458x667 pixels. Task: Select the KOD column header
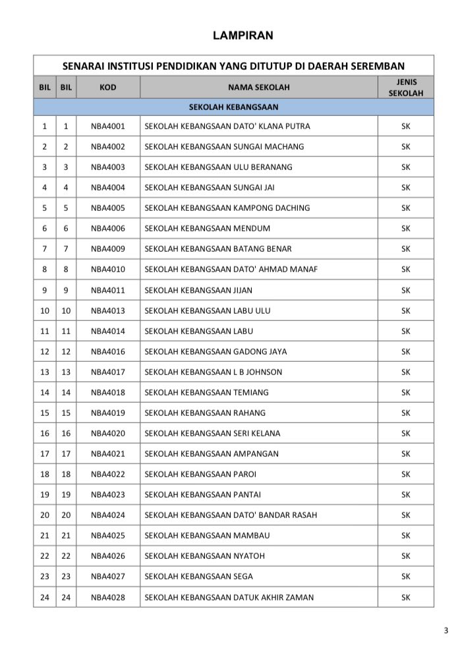tap(107, 87)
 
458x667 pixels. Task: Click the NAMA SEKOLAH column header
tap(258, 87)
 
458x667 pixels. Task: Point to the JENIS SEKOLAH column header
tap(405, 87)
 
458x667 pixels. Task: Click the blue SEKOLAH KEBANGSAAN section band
tap(233, 107)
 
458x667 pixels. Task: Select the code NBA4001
tap(107, 126)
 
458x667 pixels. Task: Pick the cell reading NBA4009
tap(107, 249)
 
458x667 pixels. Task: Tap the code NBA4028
tap(107, 598)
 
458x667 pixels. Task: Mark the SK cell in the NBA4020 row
tap(405, 434)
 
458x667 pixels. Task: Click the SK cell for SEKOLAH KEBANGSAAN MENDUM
tap(405, 229)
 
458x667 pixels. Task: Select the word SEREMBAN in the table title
tap(380, 66)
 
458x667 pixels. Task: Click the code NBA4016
tap(107, 351)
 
